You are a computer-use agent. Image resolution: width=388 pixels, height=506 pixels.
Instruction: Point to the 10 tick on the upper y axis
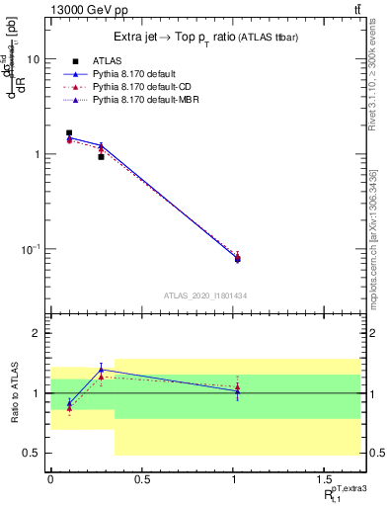[x=36, y=59]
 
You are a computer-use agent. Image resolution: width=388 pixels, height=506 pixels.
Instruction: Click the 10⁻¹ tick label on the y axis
[x=31, y=249]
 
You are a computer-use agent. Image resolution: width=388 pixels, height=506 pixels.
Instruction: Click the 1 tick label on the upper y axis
[x=38, y=154]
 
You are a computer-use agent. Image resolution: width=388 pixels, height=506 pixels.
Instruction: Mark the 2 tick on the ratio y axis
[x=38, y=334]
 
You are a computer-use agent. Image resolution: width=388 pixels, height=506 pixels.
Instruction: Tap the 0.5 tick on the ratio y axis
[x=33, y=454]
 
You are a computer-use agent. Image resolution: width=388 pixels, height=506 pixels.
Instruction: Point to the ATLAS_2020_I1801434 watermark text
[x=205, y=295]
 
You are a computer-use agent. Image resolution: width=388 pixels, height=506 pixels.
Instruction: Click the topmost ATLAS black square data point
[x=69, y=132]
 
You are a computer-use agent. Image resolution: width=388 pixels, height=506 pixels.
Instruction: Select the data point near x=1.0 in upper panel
[x=237, y=259]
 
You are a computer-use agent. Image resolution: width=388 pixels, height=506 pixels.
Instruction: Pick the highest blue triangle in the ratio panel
[x=101, y=370]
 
